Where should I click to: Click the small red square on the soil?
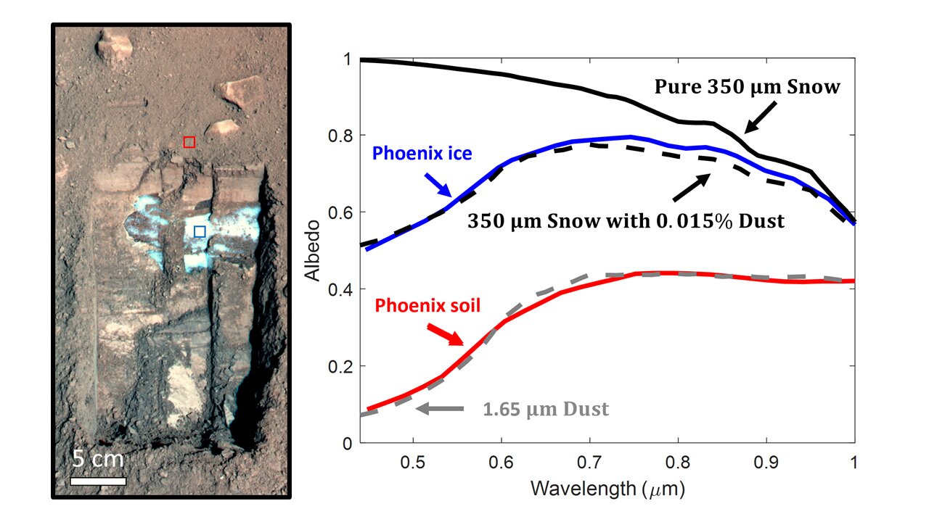tap(189, 142)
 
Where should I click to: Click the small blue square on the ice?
tap(200, 231)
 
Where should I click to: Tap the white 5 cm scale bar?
tap(98, 480)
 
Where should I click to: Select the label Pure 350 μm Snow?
tap(748, 88)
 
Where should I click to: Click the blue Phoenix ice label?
tap(422, 153)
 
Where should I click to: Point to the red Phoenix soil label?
tap(427, 305)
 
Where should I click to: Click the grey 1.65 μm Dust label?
tap(546, 410)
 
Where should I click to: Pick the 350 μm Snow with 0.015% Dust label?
tap(624, 221)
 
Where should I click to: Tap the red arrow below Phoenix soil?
tap(445, 334)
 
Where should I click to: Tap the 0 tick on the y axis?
tap(347, 443)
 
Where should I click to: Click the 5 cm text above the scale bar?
tap(98, 459)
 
